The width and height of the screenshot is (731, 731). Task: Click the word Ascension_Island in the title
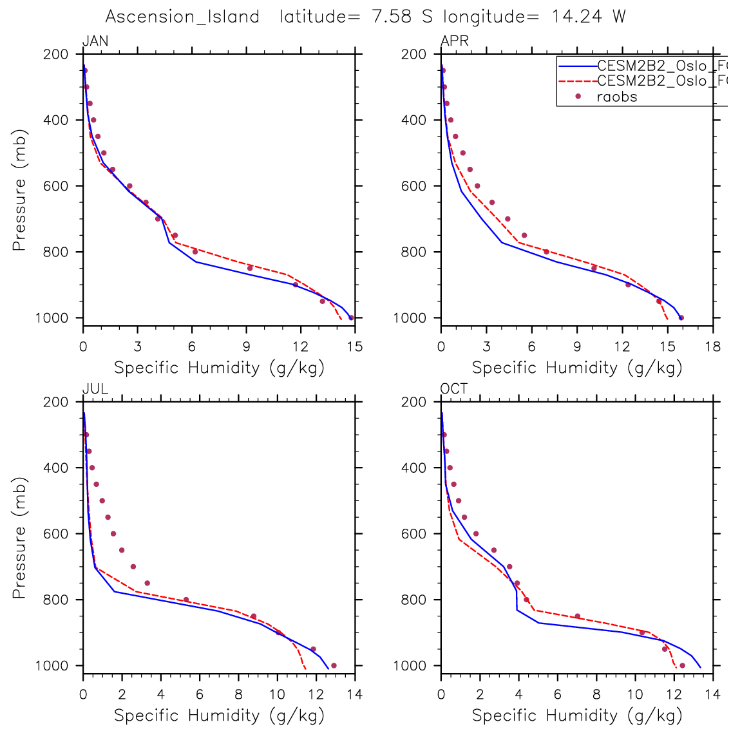tap(182, 17)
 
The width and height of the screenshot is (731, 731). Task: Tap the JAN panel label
tap(95, 42)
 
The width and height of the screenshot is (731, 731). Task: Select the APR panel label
tap(454, 42)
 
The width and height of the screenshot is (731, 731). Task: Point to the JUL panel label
tap(95, 389)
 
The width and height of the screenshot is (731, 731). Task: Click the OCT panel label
tap(454, 389)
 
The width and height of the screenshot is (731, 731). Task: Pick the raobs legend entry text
tap(617, 97)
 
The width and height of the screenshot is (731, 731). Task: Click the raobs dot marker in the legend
tap(578, 97)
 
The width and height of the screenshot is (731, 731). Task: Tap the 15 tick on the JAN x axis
tap(355, 347)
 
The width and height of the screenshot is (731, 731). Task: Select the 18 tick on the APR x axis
tap(713, 347)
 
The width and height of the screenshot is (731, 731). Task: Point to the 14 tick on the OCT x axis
tap(713, 695)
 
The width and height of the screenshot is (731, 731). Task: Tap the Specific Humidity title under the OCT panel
tap(576, 716)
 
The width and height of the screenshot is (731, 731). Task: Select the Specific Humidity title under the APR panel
tap(576, 368)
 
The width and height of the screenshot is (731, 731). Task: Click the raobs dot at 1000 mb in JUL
tap(334, 666)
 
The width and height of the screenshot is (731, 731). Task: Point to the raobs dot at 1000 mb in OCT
tap(682, 665)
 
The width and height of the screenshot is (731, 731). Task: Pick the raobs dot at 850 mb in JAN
tap(250, 268)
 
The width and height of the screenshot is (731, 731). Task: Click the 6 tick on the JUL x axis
tap(200, 695)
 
